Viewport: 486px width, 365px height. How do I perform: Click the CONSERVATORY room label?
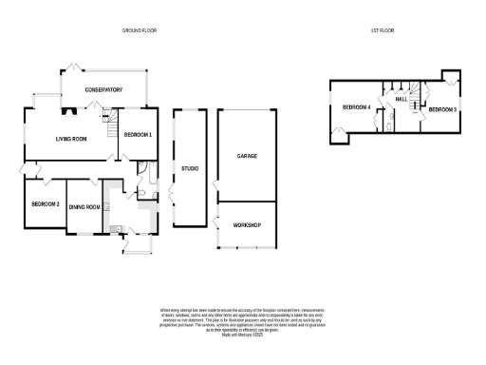point(103,89)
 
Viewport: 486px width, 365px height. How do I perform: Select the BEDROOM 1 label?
point(138,135)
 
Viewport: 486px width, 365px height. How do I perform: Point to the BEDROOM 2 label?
point(45,204)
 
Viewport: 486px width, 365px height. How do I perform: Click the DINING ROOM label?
point(84,206)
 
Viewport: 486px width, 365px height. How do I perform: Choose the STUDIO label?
point(190,169)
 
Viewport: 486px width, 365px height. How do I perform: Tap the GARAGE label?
point(247,156)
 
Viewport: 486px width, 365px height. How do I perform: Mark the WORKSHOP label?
point(247,225)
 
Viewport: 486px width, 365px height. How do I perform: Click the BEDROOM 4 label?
point(355,107)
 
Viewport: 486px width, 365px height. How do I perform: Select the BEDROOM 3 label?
point(442,110)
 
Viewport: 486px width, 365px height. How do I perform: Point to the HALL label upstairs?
point(401,99)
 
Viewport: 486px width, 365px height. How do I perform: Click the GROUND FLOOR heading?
point(139,30)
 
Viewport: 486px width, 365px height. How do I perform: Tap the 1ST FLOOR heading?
point(383,30)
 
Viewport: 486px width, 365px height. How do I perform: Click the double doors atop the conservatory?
point(71,67)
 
